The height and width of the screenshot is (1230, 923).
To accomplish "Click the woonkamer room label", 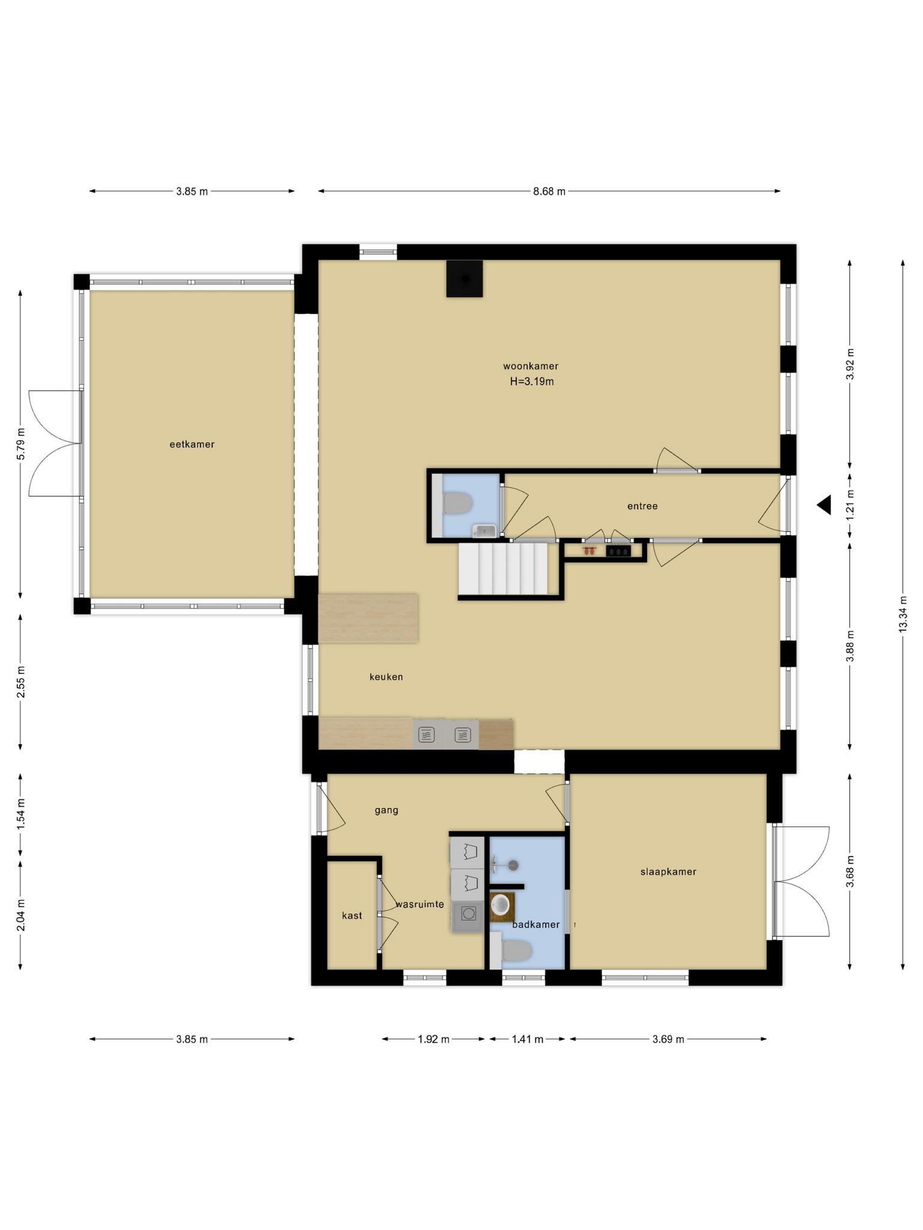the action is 531,366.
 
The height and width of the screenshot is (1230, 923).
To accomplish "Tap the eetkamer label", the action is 192,444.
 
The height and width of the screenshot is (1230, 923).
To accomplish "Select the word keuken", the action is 386,677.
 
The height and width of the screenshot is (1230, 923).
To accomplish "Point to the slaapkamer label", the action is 668,871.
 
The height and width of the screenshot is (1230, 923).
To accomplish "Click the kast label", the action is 352,915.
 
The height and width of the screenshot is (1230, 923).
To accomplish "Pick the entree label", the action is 642,506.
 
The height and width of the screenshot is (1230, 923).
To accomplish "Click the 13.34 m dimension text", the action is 903,614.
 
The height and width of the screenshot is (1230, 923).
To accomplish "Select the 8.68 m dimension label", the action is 549,192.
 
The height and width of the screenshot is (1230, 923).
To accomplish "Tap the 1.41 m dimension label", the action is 528,1039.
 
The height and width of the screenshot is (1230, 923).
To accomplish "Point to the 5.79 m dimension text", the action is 20,444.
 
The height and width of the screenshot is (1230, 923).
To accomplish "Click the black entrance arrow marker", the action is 824,505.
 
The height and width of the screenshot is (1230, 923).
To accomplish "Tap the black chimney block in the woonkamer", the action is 465,279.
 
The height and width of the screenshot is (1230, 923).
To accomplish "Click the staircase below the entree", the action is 504,569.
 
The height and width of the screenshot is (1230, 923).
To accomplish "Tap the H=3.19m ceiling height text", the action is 532,381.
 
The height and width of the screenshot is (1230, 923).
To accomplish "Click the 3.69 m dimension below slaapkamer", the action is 668,1039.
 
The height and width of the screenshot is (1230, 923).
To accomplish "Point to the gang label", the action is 386,810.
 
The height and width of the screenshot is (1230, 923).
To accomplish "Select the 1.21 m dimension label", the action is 850,505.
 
